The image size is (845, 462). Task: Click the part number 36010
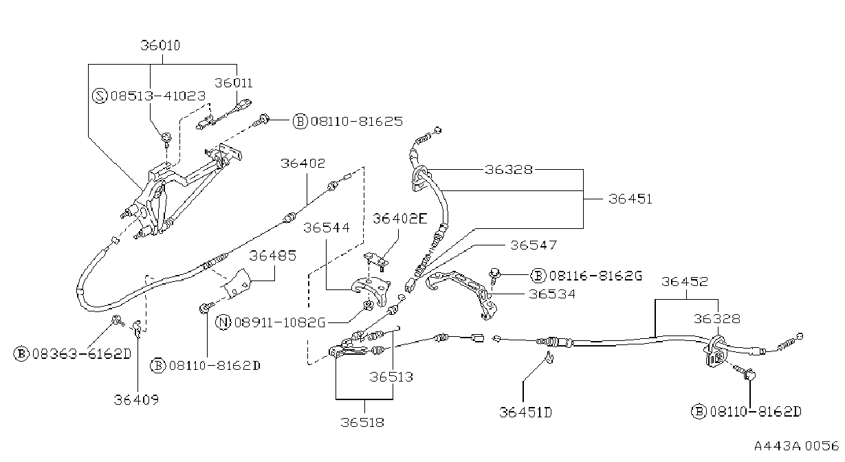coord(160,45)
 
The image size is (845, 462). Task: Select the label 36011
coord(234,83)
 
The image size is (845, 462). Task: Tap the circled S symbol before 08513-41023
coord(100,96)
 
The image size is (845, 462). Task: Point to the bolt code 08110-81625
coord(356,122)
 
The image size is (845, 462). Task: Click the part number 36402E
coord(400,219)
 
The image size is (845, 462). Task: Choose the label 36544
coord(327,228)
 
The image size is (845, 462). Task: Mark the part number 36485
coord(273,256)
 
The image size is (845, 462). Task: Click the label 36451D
coord(525,412)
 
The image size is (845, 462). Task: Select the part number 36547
coord(534,245)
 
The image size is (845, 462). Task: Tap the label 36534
coord(552,294)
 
